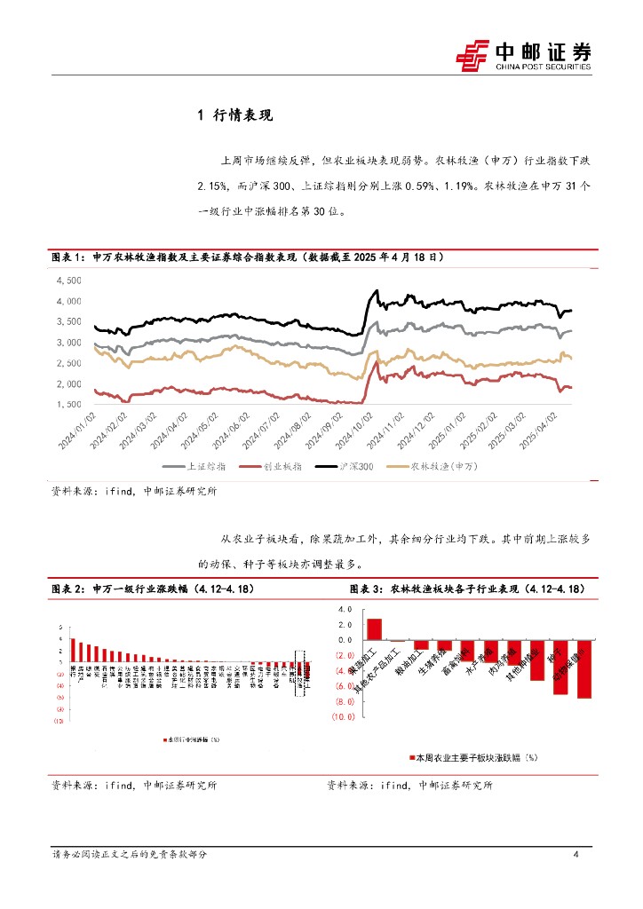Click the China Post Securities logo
[523, 55]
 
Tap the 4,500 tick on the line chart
[68, 281]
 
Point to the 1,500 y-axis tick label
[68, 405]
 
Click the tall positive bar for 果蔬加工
[374, 629]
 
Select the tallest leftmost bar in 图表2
[73, 650]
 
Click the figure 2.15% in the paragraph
[213, 187]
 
